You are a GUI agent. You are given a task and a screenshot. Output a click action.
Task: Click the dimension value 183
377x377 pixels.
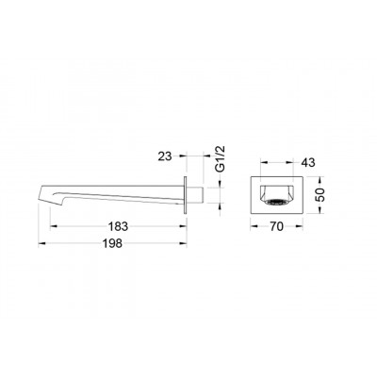118,226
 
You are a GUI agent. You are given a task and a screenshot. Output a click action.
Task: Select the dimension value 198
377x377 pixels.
112,243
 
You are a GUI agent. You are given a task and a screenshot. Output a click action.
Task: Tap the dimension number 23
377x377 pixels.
165,156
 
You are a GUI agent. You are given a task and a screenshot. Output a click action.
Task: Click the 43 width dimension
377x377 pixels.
308,162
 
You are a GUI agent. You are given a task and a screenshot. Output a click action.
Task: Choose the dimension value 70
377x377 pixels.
276,226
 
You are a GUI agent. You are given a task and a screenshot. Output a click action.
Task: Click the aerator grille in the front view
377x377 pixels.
276,202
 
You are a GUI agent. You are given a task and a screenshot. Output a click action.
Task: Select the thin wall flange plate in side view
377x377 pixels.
186,195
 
